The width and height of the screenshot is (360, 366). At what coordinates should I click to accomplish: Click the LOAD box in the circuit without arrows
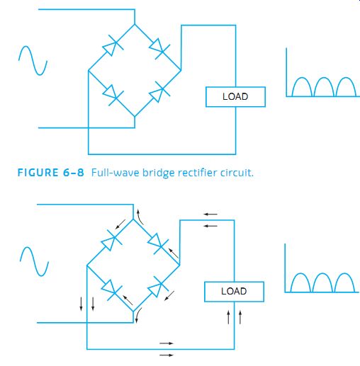[235, 97]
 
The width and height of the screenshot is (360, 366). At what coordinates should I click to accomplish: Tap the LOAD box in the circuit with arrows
[234, 292]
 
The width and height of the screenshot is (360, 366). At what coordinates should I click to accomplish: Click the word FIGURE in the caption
[38, 173]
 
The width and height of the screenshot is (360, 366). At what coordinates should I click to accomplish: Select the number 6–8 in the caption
[74, 173]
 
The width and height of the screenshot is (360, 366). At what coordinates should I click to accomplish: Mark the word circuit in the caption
[237, 173]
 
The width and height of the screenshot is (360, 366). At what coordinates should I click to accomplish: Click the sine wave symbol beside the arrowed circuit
[34, 262]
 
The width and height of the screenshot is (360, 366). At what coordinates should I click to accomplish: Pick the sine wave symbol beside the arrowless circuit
[33, 61]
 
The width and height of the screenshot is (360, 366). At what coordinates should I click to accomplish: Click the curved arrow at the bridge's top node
[140, 217]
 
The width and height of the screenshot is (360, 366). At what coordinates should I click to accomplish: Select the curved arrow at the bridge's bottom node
[138, 315]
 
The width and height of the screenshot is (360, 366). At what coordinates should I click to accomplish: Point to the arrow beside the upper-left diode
[120, 224]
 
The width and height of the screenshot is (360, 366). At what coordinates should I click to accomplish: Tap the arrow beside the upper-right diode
[173, 253]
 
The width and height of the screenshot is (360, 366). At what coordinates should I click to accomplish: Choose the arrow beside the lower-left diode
[128, 300]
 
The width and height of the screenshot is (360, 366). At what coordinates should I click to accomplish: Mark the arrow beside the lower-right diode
[169, 296]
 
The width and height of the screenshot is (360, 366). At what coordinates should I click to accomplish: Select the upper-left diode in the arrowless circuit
[113, 45]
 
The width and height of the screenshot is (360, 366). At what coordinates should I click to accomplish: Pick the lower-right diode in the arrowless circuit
[159, 92]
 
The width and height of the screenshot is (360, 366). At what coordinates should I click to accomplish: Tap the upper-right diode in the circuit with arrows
[158, 244]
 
